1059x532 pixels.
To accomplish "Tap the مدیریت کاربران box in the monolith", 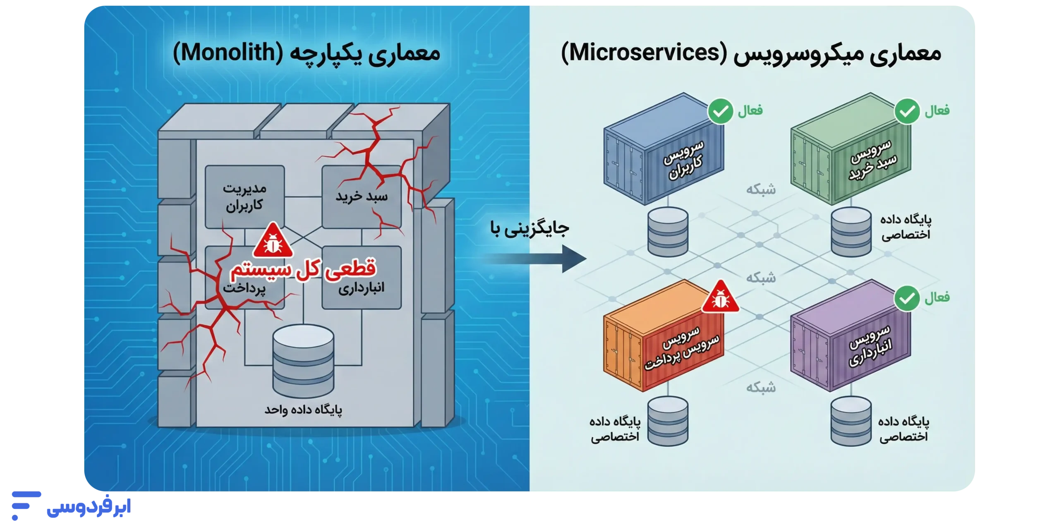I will click(x=245, y=197).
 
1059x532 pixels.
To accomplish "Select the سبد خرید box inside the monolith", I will click(x=362, y=197).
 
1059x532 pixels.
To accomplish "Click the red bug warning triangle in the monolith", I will click(x=273, y=240).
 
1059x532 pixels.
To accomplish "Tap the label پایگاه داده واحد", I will click(x=303, y=410).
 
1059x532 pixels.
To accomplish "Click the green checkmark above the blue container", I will click(x=721, y=111).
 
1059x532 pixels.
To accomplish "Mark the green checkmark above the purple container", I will click(x=907, y=298).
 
